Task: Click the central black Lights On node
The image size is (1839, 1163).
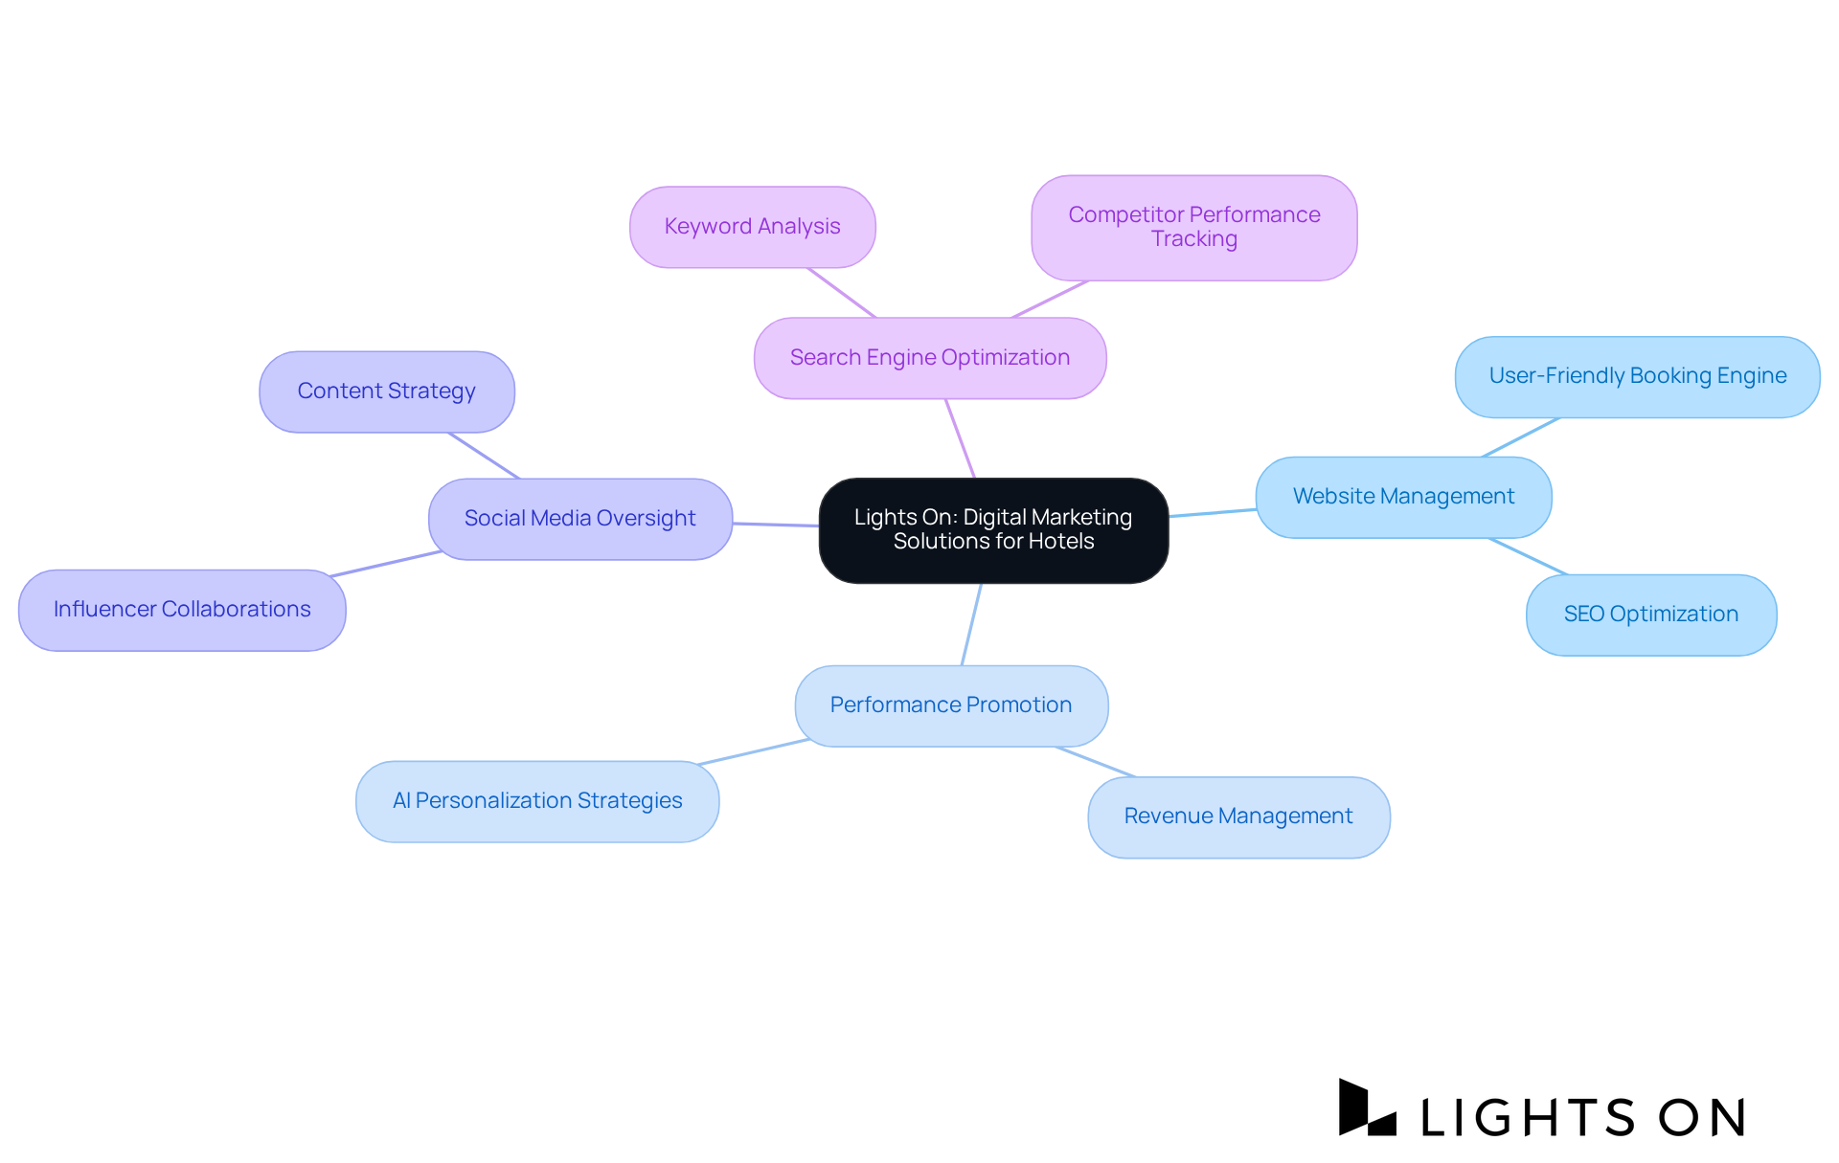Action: (x=993, y=529)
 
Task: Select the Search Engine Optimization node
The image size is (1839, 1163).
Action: (x=929, y=358)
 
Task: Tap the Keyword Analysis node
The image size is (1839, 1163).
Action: (x=752, y=227)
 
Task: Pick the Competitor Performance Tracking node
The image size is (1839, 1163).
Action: (x=1193, y=227)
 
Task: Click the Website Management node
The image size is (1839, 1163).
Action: (x=1403, y=497)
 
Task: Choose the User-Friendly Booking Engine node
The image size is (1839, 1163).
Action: (x=1637, y=376)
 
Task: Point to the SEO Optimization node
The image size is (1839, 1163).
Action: (x=1650, y=615)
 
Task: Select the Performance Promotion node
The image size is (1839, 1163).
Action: (x=950, y=705)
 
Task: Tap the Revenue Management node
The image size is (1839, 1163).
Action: (x=1237, y=816)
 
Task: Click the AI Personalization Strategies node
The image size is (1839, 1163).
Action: (x=537, y=801)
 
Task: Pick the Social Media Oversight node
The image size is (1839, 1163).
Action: (x=579, y=519)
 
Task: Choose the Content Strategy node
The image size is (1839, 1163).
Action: (x=386, y=391)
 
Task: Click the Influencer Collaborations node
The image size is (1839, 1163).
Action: (x=182, y=610)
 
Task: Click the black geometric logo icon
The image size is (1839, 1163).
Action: (x=1365, y=1108)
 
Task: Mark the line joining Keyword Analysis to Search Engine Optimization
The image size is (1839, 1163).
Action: (x=841, y=292)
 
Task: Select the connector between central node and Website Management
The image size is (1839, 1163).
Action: (x=1212, y=513)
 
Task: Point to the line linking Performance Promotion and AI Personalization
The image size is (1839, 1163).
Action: (x=754, y=752)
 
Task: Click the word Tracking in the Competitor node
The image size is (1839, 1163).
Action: (x=1193, y=239)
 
